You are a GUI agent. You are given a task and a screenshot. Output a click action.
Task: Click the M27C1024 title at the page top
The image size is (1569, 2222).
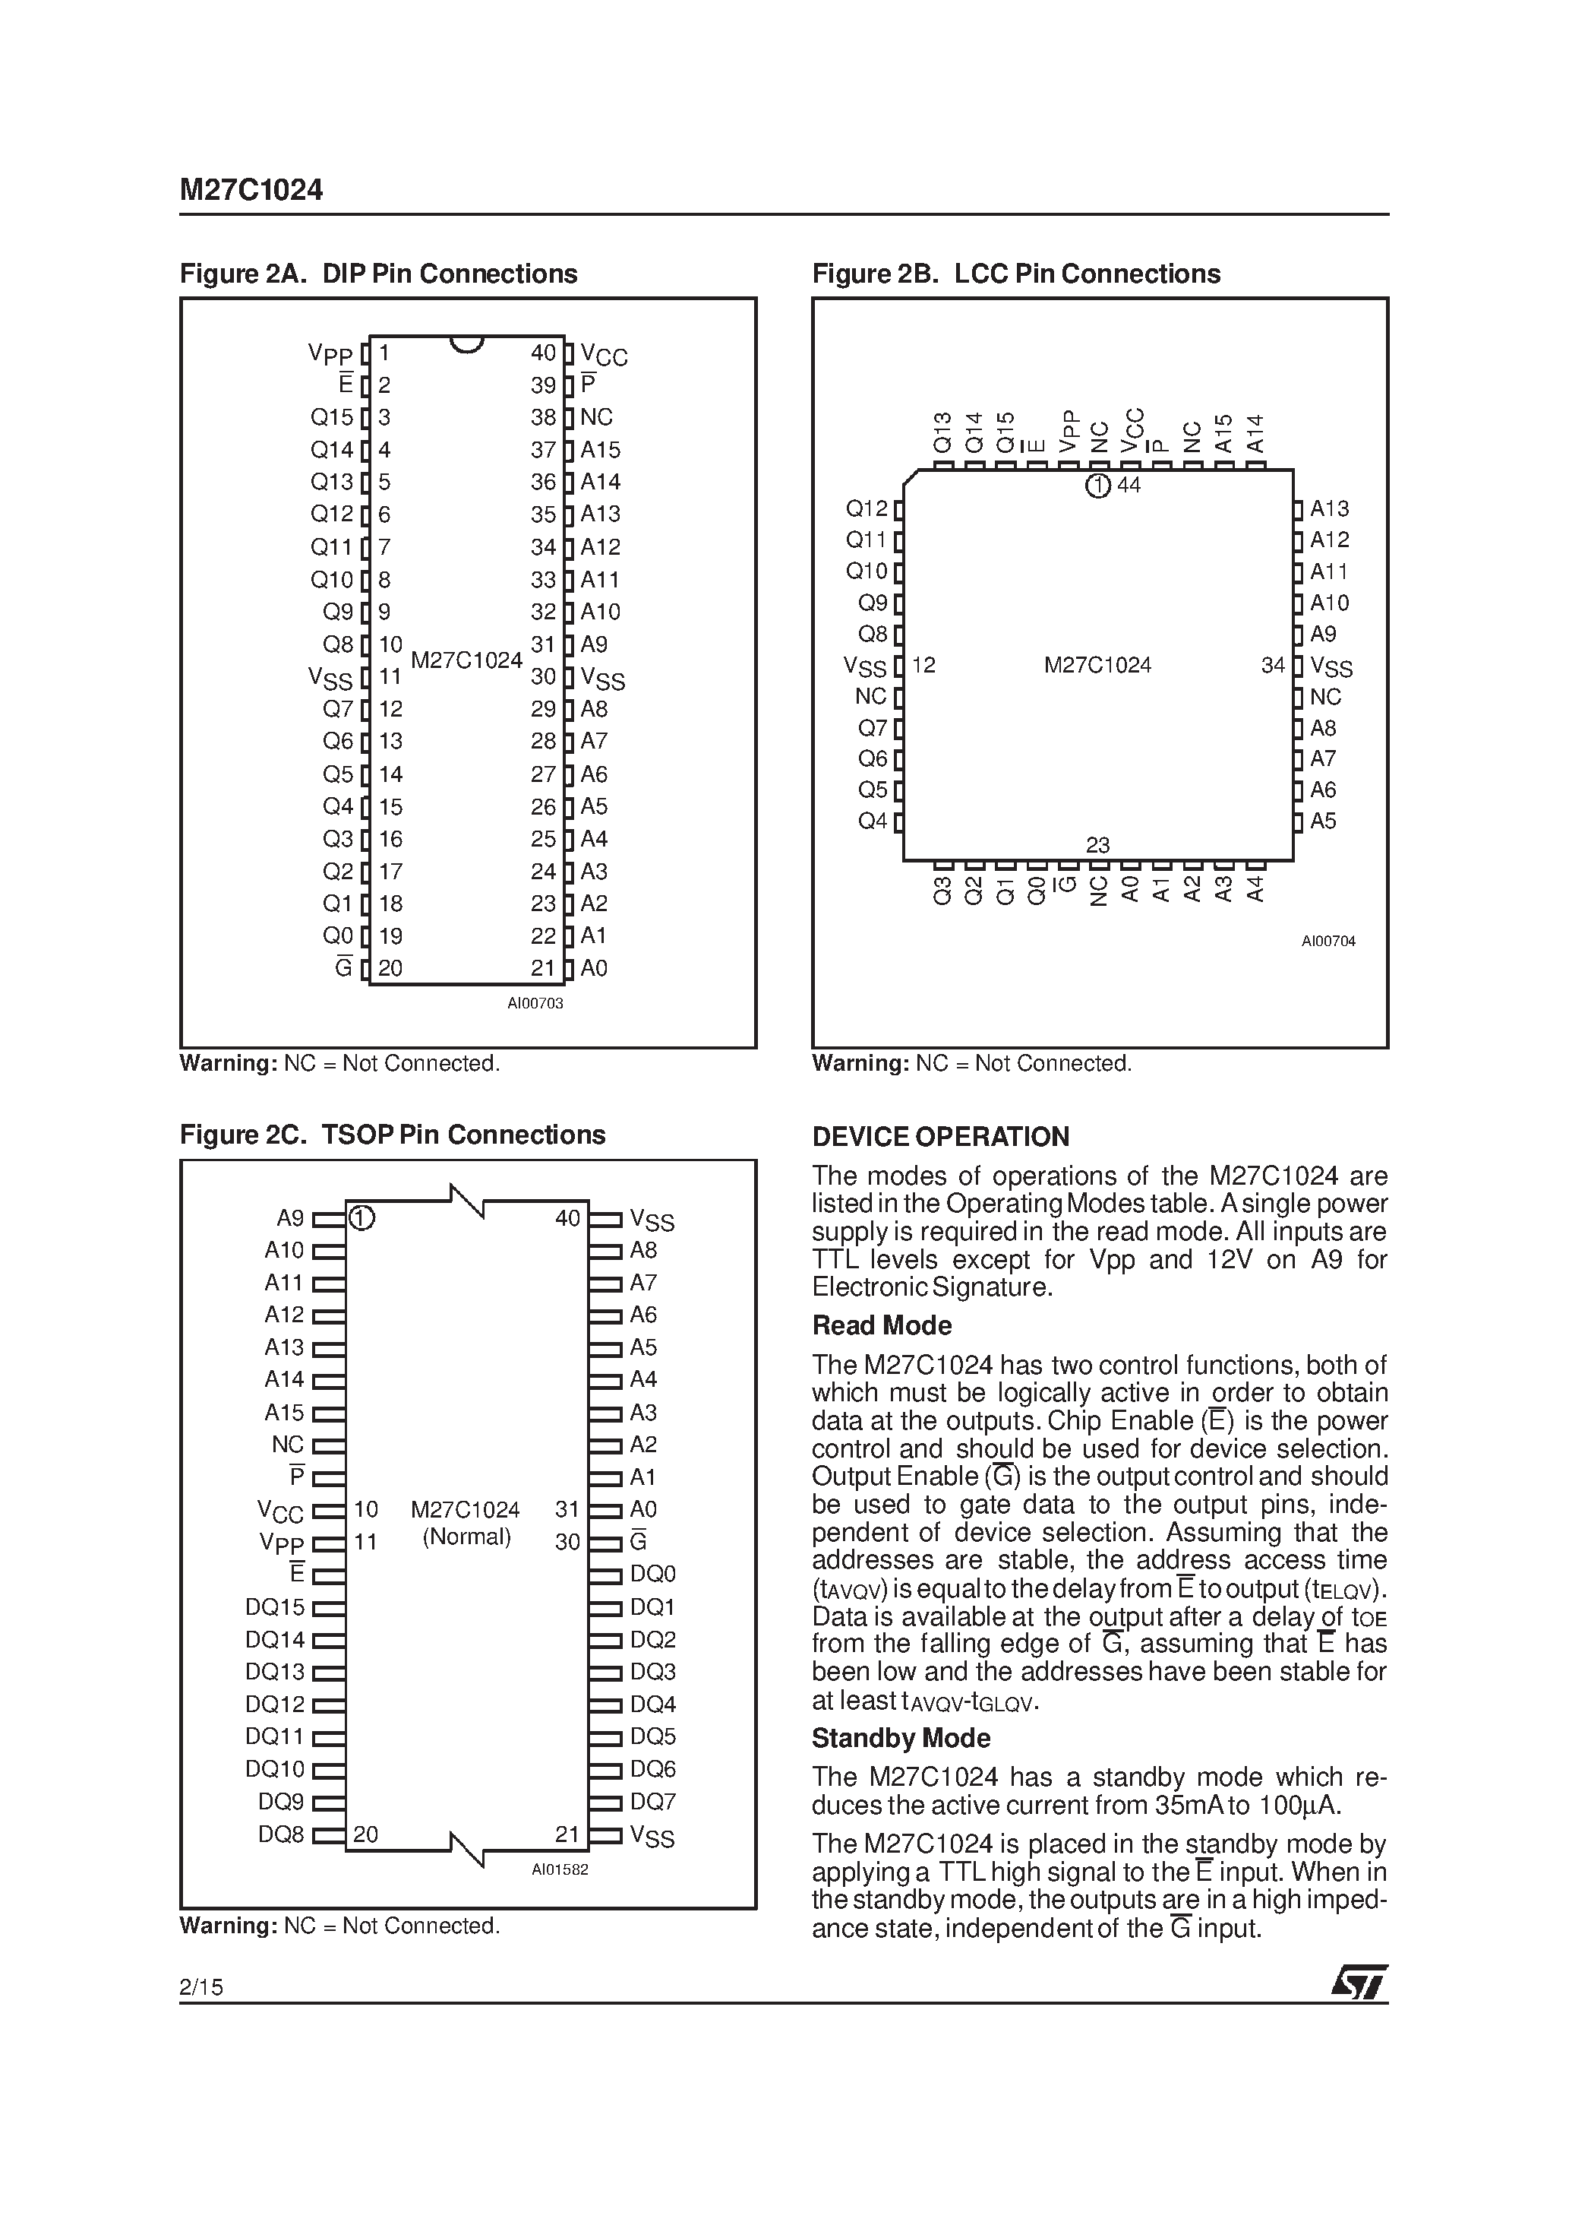point(251,190)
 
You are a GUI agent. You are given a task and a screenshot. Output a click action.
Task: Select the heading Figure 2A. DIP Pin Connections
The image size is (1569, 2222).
point(378,274)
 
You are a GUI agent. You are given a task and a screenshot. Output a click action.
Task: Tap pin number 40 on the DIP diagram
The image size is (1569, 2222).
point(543,353)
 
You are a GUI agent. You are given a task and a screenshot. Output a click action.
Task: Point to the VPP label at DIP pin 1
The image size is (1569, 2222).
point(330,354)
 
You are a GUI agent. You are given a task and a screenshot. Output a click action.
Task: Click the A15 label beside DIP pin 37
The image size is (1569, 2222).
point(600,450)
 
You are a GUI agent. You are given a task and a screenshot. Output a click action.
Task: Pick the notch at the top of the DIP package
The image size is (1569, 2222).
point(466,343)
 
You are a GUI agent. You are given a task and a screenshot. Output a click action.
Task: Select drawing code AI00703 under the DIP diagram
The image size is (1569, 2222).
point(535,1004)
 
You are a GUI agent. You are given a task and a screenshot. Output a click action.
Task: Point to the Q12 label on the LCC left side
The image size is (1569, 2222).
point(866,509)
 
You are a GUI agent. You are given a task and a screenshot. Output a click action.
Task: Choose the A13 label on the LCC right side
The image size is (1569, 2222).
point(1329,509)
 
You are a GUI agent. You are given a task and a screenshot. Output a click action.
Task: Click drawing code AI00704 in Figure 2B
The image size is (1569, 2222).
point(1327,941)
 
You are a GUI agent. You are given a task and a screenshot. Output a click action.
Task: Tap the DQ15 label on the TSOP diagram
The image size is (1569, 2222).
point(275,1607)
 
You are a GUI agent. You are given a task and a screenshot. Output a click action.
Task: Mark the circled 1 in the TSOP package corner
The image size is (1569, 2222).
point(361,1217)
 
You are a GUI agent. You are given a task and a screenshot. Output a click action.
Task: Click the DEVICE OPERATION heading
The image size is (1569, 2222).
point(940,1137)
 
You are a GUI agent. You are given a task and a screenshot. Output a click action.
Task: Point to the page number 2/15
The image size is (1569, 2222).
point(201,1988)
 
